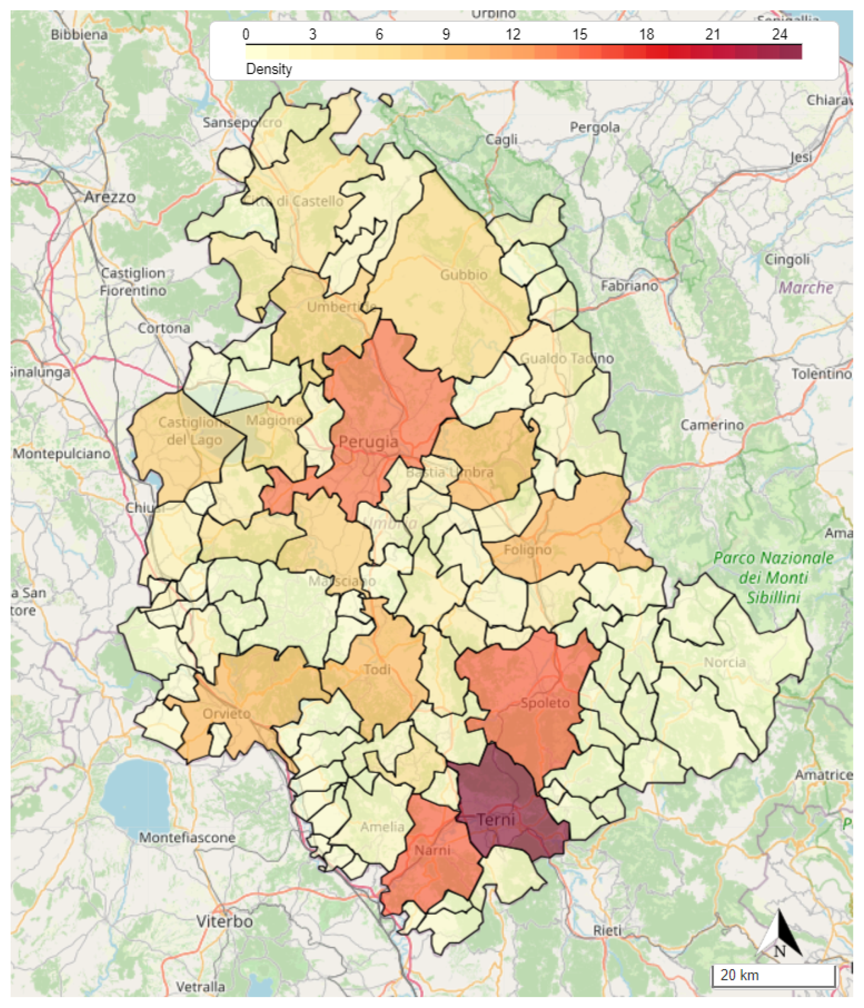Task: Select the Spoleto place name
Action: point(545,702)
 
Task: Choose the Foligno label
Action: point(528,550)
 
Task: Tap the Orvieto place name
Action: point(226,714)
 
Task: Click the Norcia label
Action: point(724,662)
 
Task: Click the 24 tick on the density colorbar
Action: point(779,34)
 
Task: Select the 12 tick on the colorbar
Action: point(513,34)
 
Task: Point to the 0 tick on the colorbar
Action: point(246,34)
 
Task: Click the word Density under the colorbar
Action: point(269,69)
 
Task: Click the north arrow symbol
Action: point(779,937)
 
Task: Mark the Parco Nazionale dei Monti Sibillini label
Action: point(773,577)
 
